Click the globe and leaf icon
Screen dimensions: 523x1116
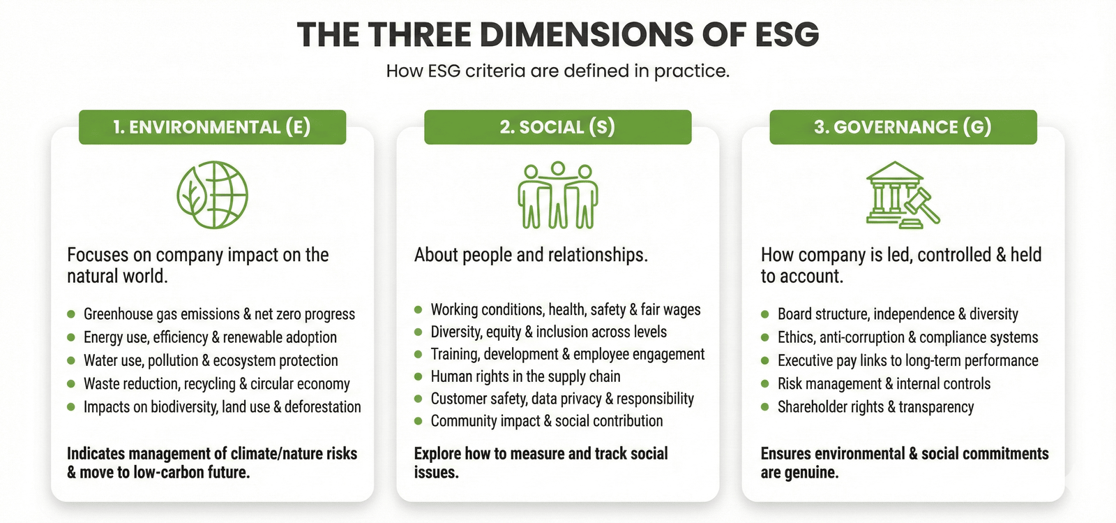point(212,195)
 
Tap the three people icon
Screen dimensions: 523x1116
point(557,196)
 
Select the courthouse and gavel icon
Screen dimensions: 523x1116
point(902,195)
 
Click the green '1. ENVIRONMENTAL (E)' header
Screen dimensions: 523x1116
point(212,127)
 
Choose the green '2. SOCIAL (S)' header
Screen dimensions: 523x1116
point(557,127)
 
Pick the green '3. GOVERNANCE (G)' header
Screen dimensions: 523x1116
point(903,127)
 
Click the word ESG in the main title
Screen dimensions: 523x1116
point(786,34)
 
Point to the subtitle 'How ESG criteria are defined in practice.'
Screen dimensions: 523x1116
point(557,71)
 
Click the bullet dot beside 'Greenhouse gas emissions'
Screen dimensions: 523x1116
point(71,314)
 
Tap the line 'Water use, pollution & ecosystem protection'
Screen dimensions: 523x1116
point(211,360)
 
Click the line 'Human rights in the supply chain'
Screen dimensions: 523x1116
point(525,376)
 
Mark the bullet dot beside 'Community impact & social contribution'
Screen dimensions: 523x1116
point(418,421)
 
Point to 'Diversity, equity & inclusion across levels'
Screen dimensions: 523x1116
point(548,332)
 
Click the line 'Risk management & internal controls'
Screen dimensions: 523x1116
point(884,383)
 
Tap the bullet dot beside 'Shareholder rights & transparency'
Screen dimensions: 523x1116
point(765,407)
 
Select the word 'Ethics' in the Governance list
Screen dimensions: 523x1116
point(796,337)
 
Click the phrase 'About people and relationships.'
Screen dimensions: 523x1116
point(531,255)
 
